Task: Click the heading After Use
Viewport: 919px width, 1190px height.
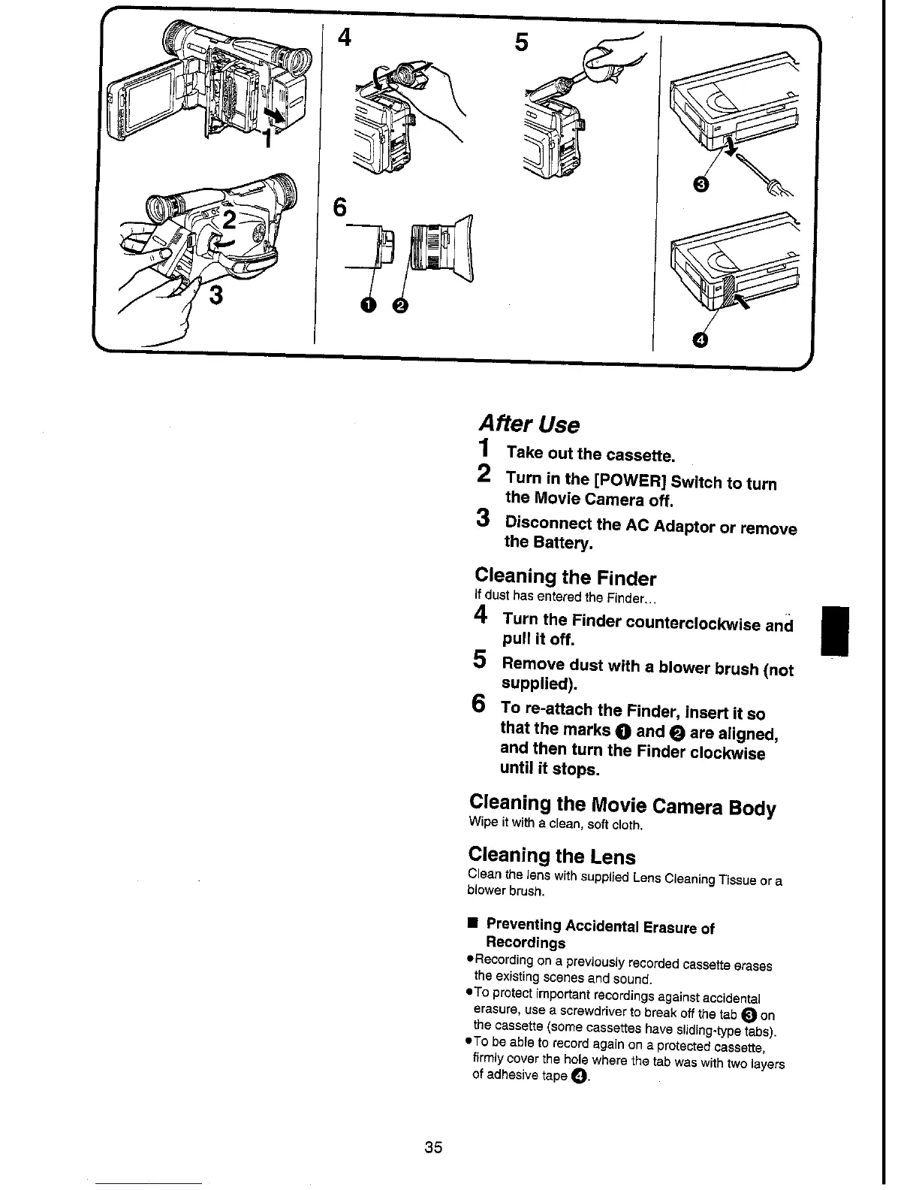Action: coord(528,424)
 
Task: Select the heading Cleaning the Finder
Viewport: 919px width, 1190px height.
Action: coord(565,578)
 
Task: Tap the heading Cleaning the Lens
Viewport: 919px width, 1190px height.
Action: coord(552,856)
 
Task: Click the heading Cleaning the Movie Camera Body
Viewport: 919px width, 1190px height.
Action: coord(622,805)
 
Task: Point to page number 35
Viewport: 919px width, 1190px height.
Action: coord(433,1147)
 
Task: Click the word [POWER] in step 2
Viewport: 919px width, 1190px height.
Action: coord(629,481)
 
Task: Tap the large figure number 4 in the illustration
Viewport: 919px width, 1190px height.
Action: coord(345,38)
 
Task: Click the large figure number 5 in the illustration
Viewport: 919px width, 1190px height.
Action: coord(521,43)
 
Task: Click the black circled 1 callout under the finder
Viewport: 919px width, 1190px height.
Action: coord(367,304)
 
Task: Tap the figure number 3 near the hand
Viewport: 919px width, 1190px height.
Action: coord(216,295)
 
